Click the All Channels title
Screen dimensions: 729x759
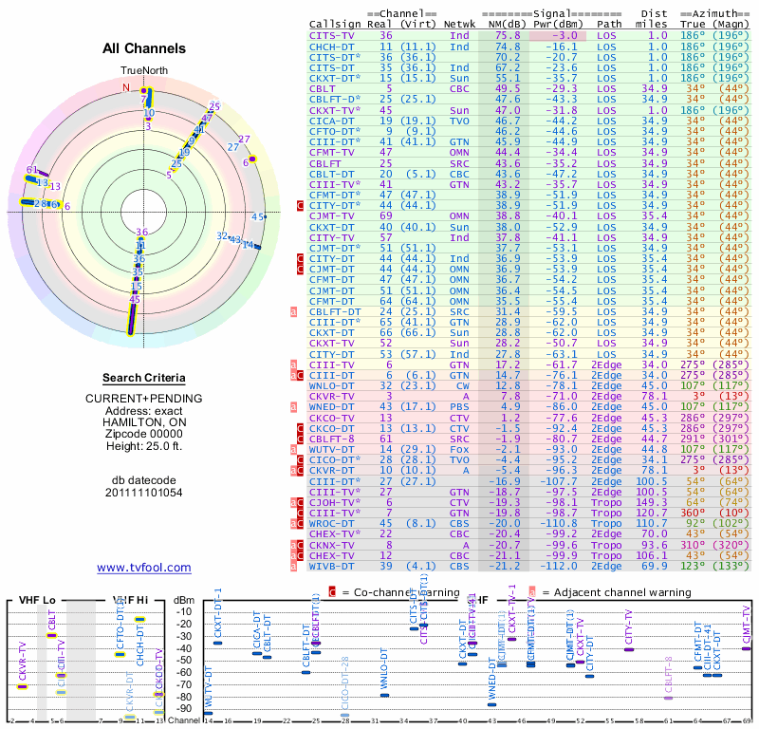point(144,48)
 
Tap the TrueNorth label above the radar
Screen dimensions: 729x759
point(143,71)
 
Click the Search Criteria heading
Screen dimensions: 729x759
point(144,377)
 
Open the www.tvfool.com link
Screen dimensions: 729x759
point(144,568)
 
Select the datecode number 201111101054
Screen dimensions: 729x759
point(144,494)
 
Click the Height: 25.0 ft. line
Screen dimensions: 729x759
point(144,448)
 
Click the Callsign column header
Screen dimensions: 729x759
point(336,24)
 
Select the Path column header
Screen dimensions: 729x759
point(610,24)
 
